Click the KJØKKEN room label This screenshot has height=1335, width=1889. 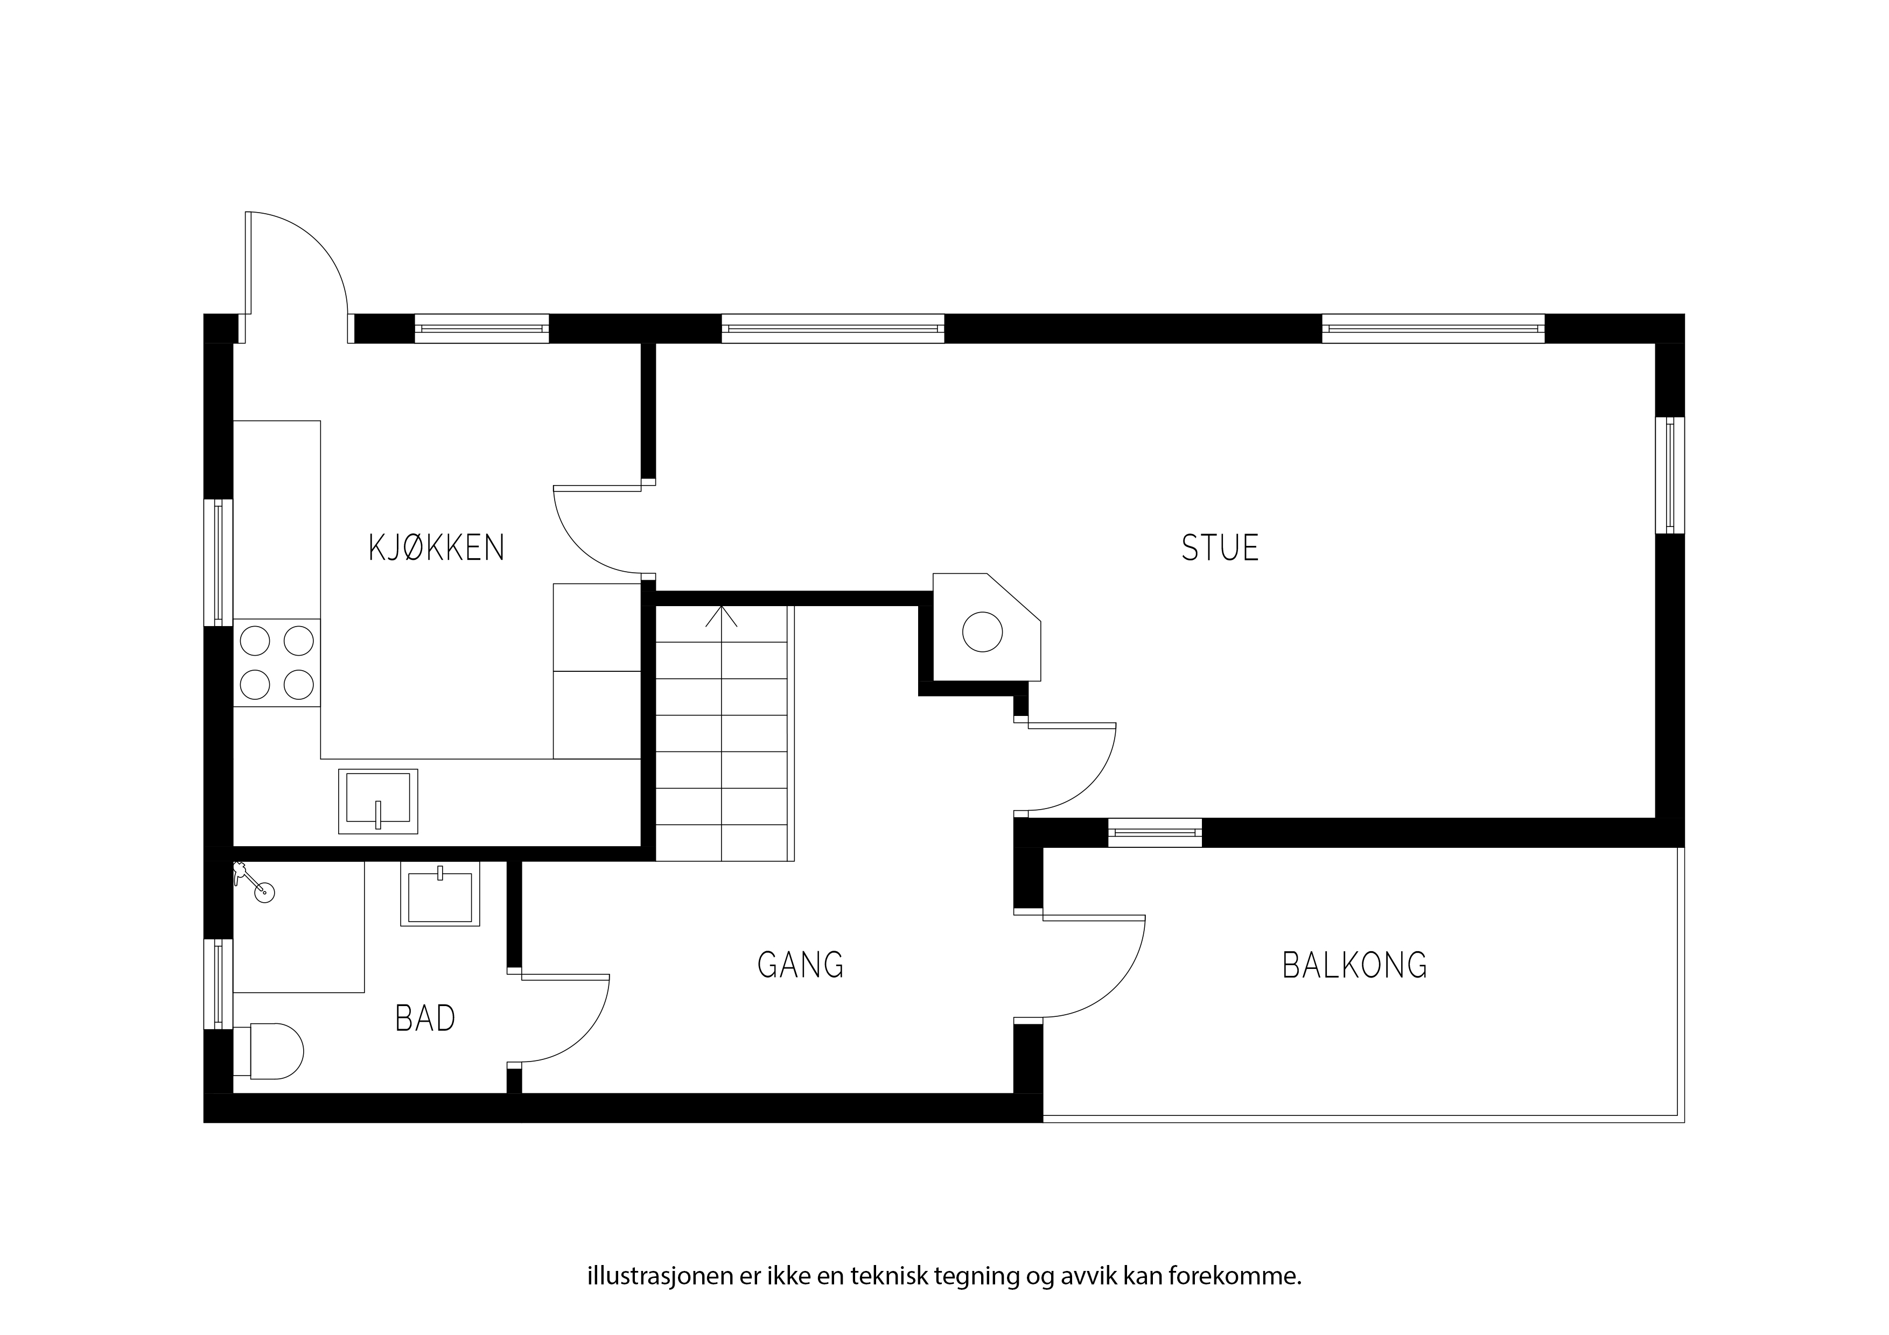pyautogui.click(x=436, y=548)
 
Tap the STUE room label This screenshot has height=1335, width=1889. pyautogui.click(x=1220, y=548)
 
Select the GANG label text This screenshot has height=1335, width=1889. pyautogui.click(x=801, y=964)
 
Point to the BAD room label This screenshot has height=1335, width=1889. pyautogui.click(x=425, y=1018)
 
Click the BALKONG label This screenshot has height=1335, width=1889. pyautogui.click(x=1355, y=965)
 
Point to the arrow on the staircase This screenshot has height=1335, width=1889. pyautogui.click(x=722, y=617)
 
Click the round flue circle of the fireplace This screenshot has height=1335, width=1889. pyautogui.click(x=982, y=633)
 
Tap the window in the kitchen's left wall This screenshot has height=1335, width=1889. pyautogui.click(x=218, y=563)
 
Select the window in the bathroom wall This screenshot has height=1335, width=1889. pyautogui.click(x=218, y=984)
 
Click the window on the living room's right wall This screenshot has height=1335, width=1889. pyautogui.click(x=1669, y=475)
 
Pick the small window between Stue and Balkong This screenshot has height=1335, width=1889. pyautogui.click(x=1155, y=832)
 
